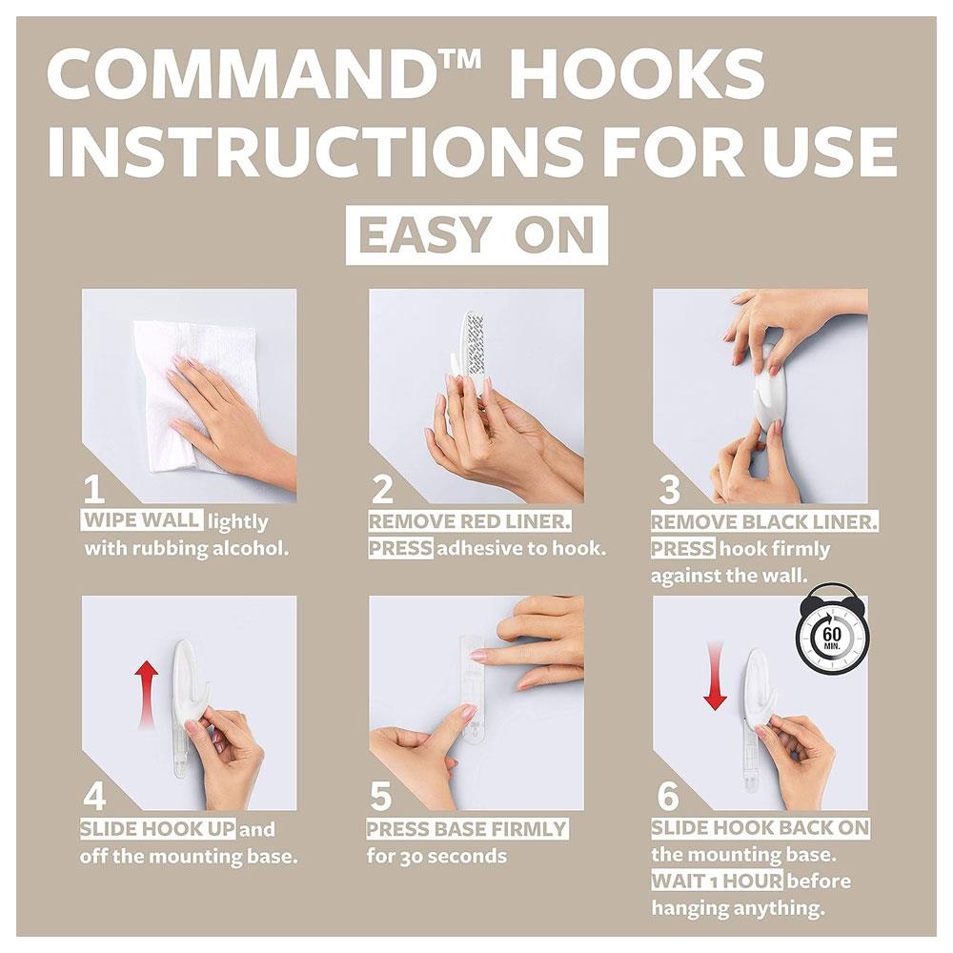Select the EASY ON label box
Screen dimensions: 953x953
coord(476,235)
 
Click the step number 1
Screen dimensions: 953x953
coord(94,489)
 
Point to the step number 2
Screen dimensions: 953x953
coord(382,489)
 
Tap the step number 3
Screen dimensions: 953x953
coord(669,490)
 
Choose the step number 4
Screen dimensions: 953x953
coord(94,796)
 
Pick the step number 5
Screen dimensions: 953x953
coord(381,796)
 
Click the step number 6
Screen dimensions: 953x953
coord(668,796)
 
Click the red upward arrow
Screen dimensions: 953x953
coord(147,696)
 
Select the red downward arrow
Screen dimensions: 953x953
coord(716,675)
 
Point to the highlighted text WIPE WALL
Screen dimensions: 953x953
coord(142,521)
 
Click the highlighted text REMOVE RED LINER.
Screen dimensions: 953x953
coord(470,521)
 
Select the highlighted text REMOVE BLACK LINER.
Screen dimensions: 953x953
coord(764,522)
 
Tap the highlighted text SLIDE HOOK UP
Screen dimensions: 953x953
coord(158,828)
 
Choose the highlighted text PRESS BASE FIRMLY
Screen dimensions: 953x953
coord(467,829)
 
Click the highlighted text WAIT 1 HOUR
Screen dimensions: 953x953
coord(718,881)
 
